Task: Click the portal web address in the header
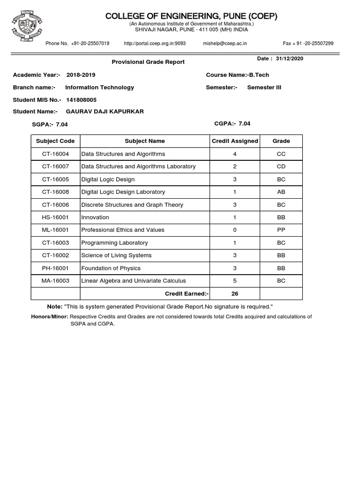pos(155,44)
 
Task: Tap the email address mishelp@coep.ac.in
pos(225,44)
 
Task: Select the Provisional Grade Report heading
pos(148,62)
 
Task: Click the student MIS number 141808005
pos(82,99)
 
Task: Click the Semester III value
pos(264,87)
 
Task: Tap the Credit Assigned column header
pos(235,141)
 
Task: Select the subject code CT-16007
pos(55,166)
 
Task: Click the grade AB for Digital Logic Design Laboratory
pos(281,192)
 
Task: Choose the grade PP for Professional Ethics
pos(281,230)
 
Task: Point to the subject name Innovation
pos(95,217)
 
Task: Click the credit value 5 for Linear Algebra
pos(234,281)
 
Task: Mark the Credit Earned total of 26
pos(234,293)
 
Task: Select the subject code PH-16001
pos(55,268)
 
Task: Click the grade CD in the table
pos(281,166)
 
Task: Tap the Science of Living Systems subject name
pos(116,255)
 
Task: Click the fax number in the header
pos(308,44)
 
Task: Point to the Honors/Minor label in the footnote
pos(49,317)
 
